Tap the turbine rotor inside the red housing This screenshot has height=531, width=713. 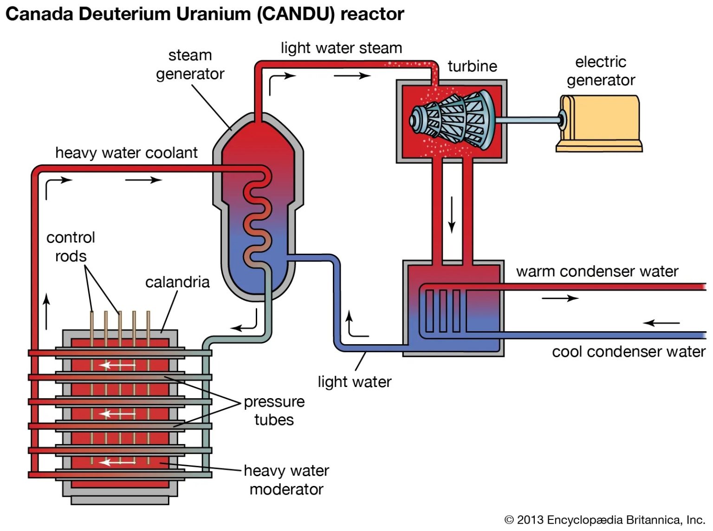point(453,120)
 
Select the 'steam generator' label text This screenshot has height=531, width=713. point(190,65)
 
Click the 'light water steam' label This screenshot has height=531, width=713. point(341,48)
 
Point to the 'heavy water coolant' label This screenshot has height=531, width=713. point(126,153)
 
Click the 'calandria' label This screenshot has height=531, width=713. point(177,282)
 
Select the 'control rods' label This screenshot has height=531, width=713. point(71,247)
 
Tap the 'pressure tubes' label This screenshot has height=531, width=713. point(274,410)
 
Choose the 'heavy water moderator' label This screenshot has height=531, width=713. point(286,479)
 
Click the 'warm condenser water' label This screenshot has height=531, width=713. point(597,271)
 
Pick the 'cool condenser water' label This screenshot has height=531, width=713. point(629,352)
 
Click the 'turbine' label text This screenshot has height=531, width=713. point(472,66)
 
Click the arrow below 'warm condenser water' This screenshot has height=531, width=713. point(560,298)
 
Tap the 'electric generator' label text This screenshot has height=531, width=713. point(601,71)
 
